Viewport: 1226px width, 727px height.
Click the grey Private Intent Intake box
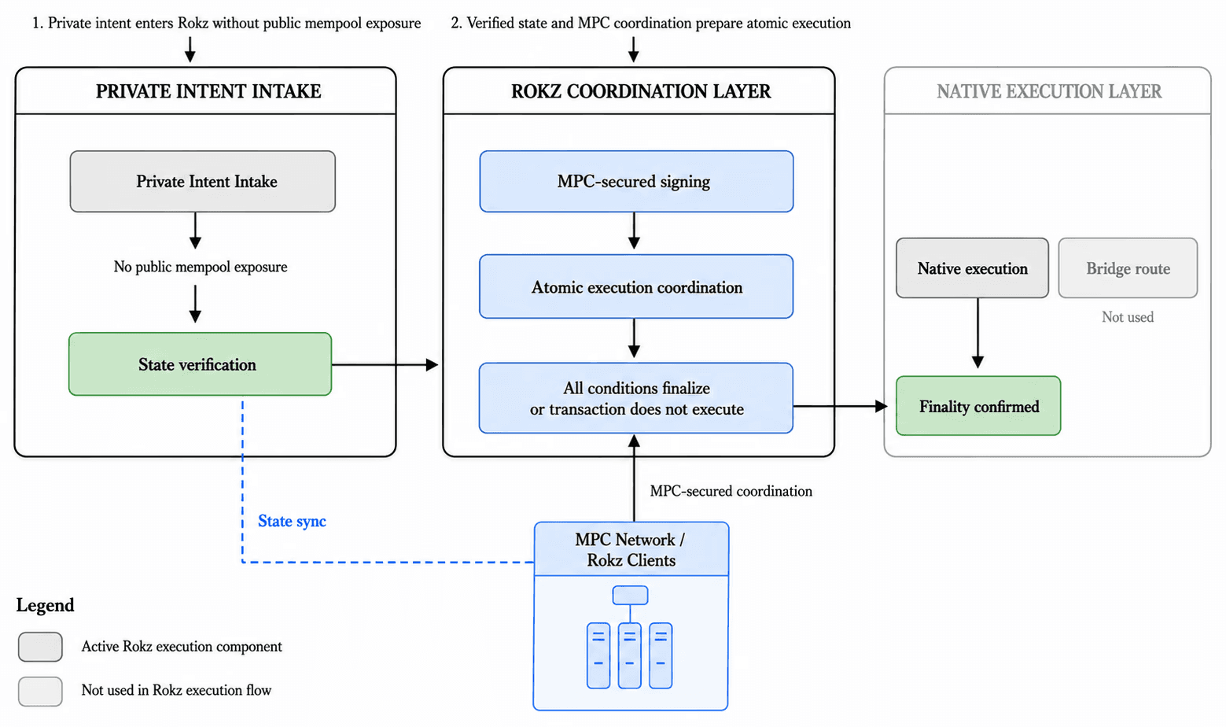click(x=203, y=181)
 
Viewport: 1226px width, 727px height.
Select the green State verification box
click(x=201, y=364)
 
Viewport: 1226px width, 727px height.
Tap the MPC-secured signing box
click(x=636, y=181)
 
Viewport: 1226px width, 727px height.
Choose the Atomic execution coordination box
click(x=636, y=286)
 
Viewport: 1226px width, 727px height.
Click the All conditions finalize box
click(x=636, y=398)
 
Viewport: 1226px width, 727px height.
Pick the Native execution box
click(x=973, y=268)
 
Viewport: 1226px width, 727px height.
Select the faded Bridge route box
click(x=1128, y=268)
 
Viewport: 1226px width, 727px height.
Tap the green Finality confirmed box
click(x=978, y=406)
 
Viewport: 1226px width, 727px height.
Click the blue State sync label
click(x=292, y=521)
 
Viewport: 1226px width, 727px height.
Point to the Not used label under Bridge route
click(x=1128, y=317)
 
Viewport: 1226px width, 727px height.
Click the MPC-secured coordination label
click(x=731, y=491)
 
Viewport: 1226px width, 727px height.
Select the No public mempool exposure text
click(x=201, y=267)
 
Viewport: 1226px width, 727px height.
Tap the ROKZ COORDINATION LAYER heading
click(x=641, y=91)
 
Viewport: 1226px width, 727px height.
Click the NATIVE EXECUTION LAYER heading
click(x=1049, y=91)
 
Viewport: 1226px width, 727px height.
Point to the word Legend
click(x=45, y=605)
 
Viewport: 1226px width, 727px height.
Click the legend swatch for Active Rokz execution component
click(x=41, y=647)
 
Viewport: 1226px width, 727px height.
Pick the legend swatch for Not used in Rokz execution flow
click(x=41, y=691)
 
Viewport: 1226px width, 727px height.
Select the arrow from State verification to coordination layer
click(x=385, y=364)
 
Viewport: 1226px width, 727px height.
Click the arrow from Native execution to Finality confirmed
click(x=978, y=333)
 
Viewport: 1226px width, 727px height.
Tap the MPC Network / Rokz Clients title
click(x=631, y=550)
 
